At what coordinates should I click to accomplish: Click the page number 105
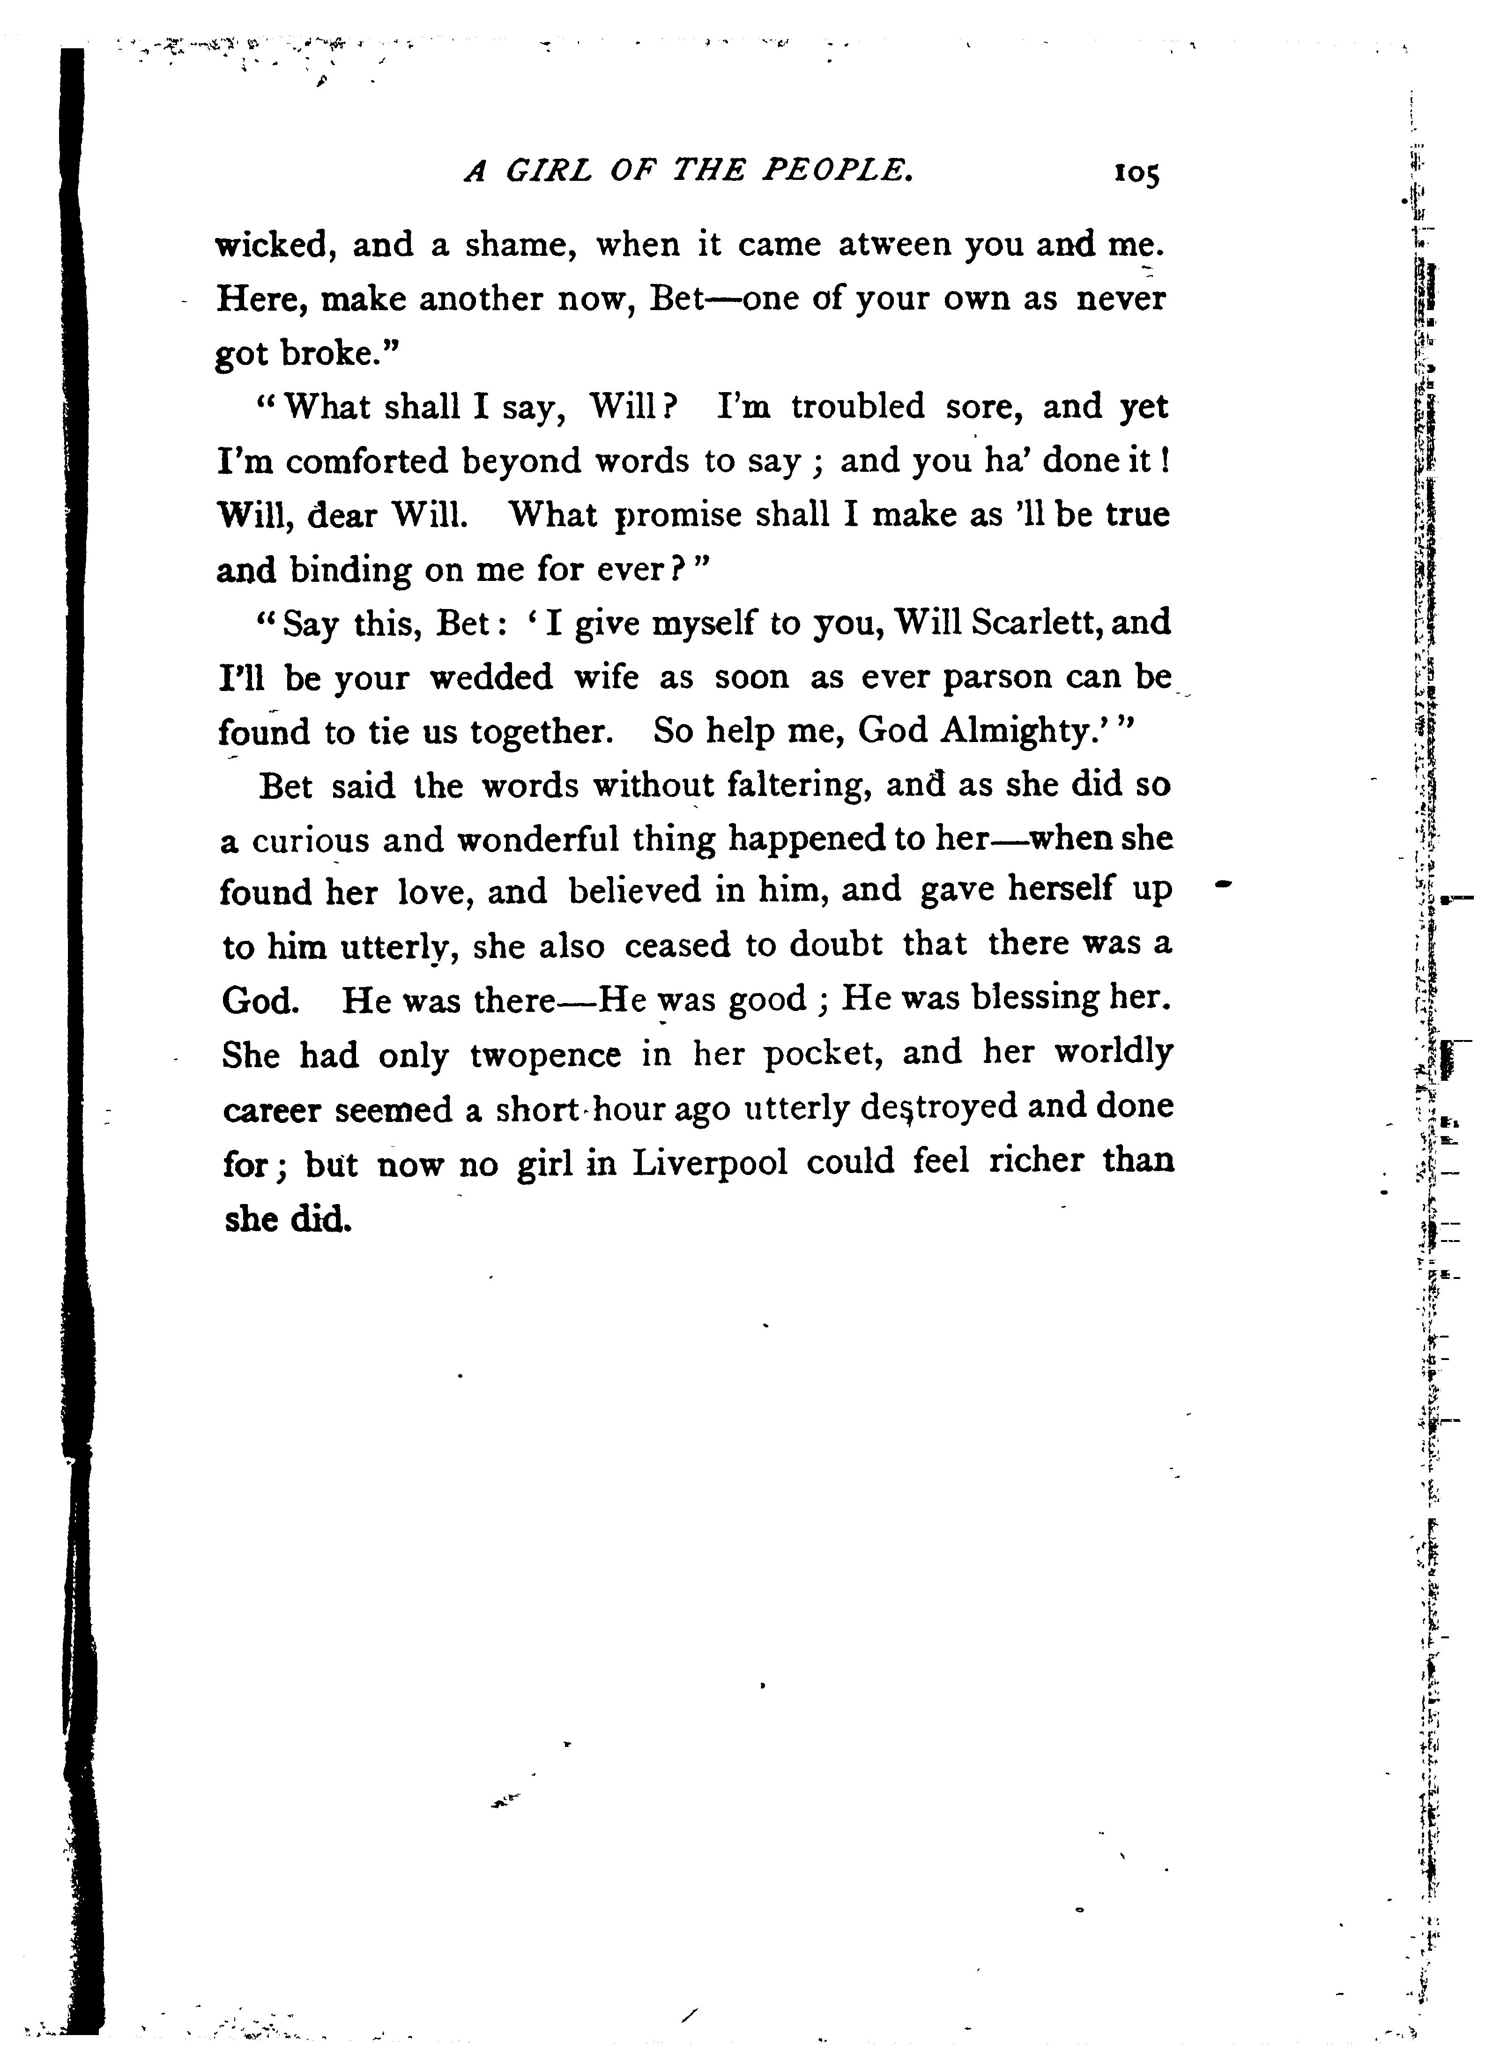coord(1135,173)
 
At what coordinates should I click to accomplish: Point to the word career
coord(272,1110)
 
